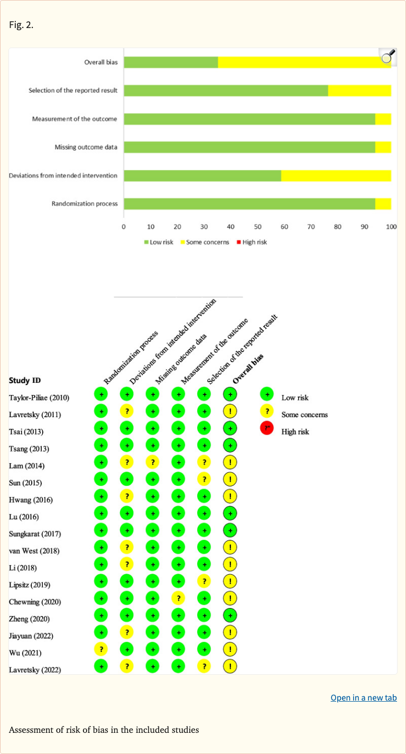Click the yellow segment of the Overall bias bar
point(304,62)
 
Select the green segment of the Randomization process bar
point(249,204)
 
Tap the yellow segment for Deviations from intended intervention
point(336,175)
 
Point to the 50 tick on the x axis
point(257,227)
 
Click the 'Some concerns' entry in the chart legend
point(207,242)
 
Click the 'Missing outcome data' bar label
point(86,147)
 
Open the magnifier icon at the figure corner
point(388,57)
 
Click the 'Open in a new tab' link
point(364,697)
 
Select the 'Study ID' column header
point(25,380)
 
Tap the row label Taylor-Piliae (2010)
point(39,398)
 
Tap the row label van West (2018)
point(34,550)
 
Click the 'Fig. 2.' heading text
point(21,25)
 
